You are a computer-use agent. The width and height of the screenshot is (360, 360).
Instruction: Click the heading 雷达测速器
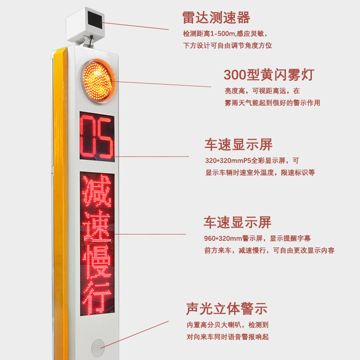(216, 18)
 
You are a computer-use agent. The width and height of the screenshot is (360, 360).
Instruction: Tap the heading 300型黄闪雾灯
(269, 74)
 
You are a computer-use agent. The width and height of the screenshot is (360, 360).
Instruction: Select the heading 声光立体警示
(226, 309)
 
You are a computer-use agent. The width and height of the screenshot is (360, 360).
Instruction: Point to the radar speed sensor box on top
(85, 24)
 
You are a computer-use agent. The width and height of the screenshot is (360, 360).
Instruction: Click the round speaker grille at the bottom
(97, 347)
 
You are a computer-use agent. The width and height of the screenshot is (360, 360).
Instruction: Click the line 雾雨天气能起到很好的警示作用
(272, 103)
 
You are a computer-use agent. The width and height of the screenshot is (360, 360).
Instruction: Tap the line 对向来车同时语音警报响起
(228, 337)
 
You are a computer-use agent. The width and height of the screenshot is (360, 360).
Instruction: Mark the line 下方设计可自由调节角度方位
(228, 45)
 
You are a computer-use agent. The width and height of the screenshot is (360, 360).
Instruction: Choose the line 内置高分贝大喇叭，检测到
(228, 324)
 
